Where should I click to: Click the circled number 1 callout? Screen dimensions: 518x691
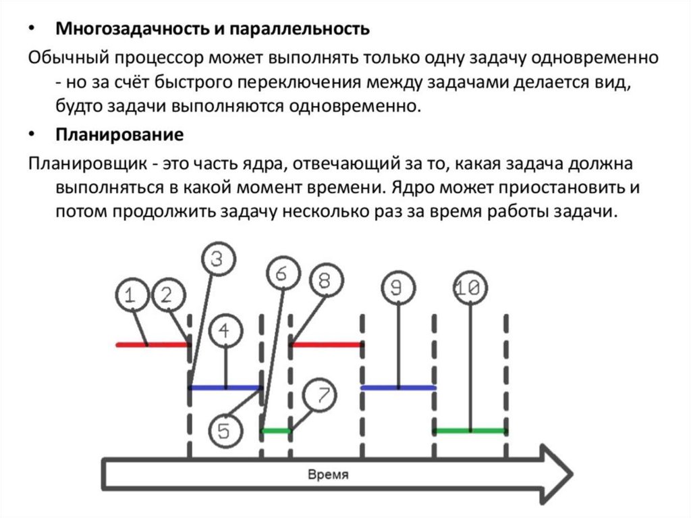coord(134,296)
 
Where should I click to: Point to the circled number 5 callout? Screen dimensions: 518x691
coord(225,431)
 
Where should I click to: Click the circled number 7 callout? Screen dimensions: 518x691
coord(321,395)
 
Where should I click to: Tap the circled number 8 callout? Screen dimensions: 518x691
coord(325,281)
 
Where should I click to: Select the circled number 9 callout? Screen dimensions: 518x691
coord(399,288)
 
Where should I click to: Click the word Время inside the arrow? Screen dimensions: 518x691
coord(328,475)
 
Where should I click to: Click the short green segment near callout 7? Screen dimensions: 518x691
coord(276,430)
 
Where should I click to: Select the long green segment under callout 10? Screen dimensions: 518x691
coord(470,430)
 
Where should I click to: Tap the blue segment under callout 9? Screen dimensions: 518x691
coord(398,388)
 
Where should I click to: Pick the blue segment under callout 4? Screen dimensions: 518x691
coord(225,388)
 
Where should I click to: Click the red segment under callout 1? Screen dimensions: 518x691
coord(152,345)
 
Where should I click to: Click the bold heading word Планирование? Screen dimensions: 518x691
coord(119,135)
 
